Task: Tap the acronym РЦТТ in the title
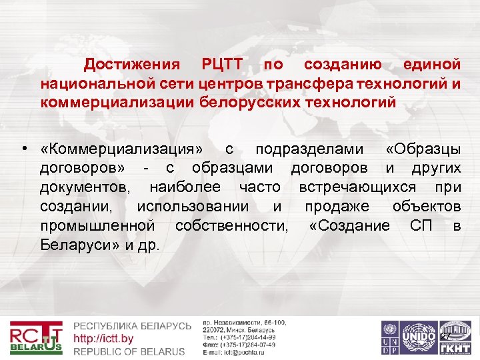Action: [x=224, y=65]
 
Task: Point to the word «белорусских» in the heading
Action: [x=250, y=103]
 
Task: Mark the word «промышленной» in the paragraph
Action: [x=97, y=225]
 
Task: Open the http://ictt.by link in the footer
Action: [x=103, y=339]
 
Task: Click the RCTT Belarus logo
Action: [x=36, y=338]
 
